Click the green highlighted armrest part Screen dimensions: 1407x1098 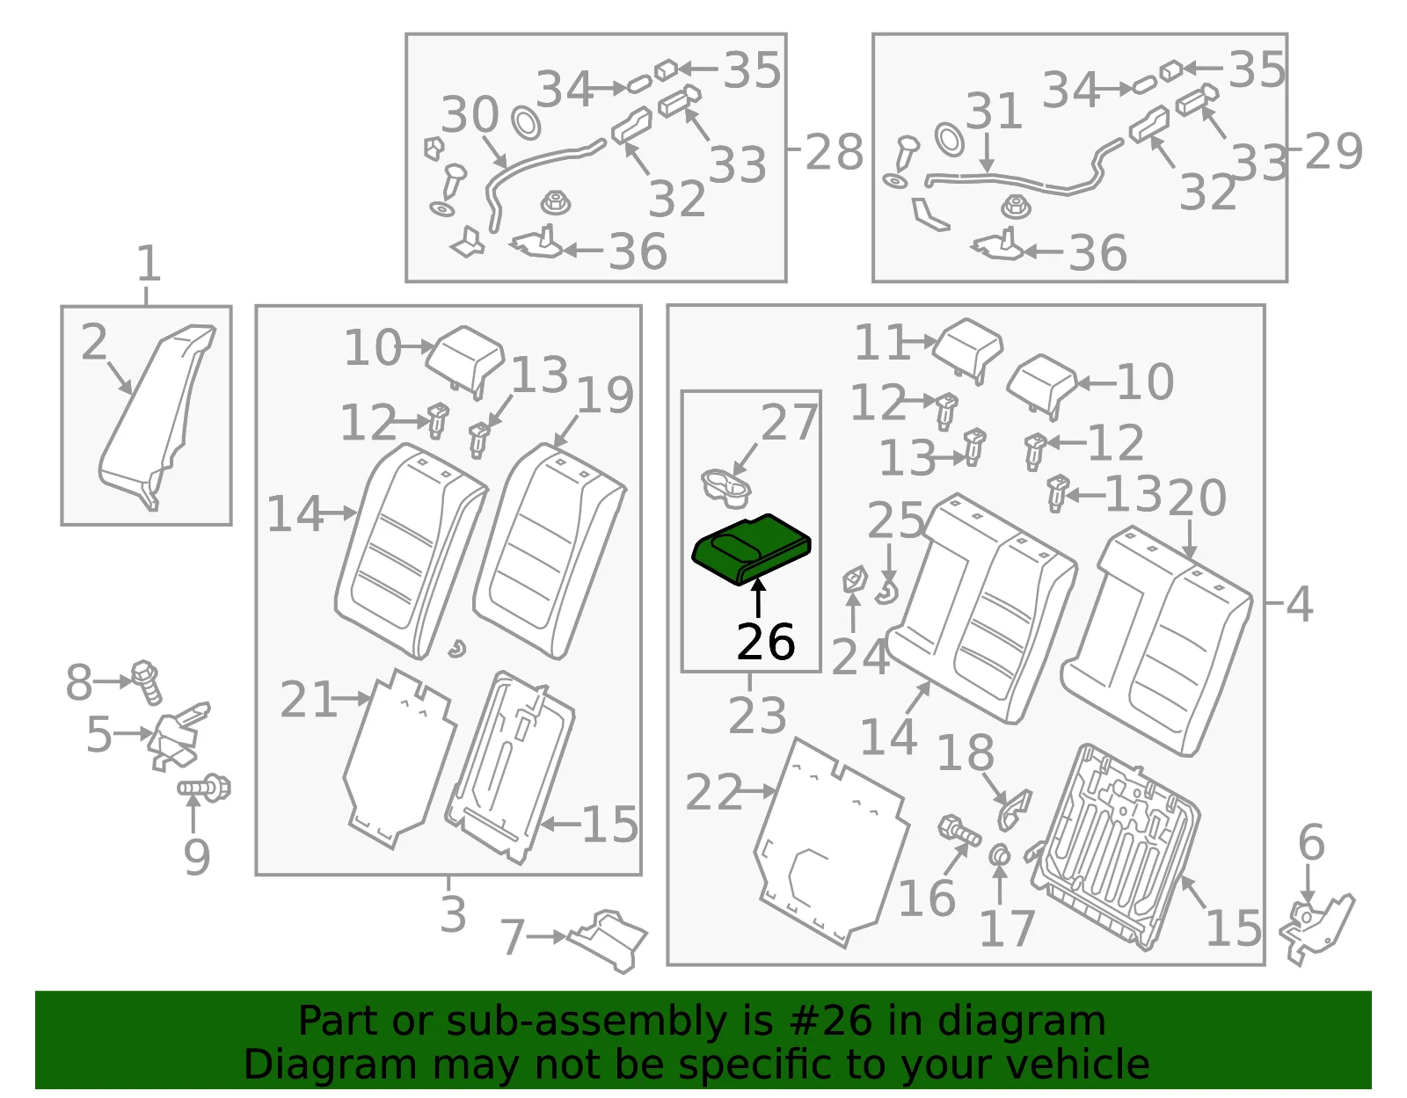click(751, 549)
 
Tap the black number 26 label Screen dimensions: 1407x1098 click(765, 642)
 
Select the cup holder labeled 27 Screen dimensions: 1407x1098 click(725, 489)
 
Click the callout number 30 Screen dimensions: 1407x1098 click(470, 115)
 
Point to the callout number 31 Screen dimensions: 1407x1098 click(994, 111)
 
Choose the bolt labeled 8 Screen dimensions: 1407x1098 click(148, 682)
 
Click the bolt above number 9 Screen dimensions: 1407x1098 click(204, 788)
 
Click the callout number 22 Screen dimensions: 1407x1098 click(713, 792)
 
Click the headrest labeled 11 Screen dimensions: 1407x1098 click(968, 346)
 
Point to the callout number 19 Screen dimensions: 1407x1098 click(605, 395)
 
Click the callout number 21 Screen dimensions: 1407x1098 click(308, 700)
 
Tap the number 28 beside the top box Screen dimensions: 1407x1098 click(834, 152)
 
